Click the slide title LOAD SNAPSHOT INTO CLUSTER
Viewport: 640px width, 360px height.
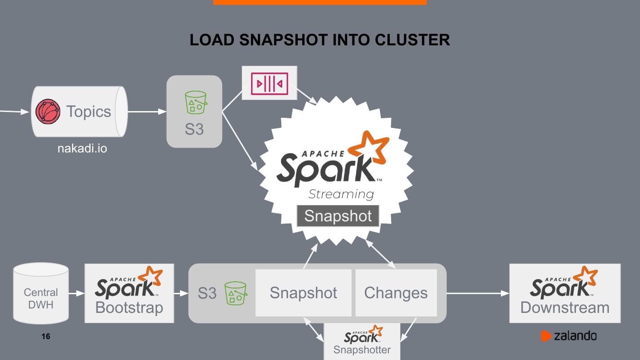click(x=320, y=40)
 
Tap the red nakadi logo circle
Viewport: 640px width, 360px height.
click(x=48, y=112)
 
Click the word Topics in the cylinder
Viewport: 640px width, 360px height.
click(x=88, y=112)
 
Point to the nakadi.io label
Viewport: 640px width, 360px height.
click(x=82, y=148)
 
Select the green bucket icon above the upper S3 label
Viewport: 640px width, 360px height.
click(x=196, y=103)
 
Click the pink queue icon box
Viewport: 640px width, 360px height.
click(x=269, y=83)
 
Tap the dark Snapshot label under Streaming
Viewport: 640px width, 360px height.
click(x=338, y=216)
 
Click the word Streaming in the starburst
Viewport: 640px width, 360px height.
click(x=341, y=194)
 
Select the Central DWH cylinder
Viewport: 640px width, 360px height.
click(x=41, y=293)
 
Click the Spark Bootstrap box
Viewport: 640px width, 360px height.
click(x=129, y=293)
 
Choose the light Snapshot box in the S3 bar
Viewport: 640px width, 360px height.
click(x=303, y=293)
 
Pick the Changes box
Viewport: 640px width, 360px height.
click(x=396, y=293)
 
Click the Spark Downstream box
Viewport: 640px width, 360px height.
click(x=564, y=293)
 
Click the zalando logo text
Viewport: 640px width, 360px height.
click(x=575, y=336)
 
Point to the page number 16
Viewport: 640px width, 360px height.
click(x=46, y=336)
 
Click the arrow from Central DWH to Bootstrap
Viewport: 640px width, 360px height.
click(x=76, y=293)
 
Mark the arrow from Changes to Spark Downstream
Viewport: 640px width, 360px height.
click(x=478, y=293)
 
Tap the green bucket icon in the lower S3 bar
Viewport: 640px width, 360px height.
click(x=236, y=293)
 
